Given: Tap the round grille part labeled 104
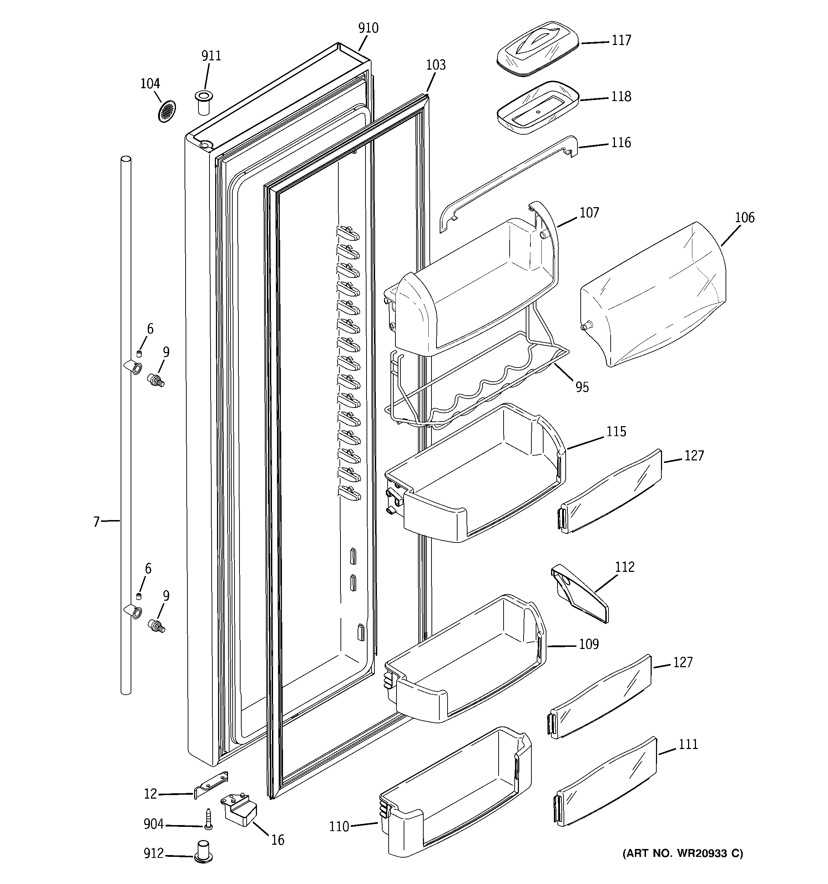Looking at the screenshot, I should [167, 111].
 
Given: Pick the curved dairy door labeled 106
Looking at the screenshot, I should [652, 296].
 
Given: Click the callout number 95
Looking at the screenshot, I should [582, 387].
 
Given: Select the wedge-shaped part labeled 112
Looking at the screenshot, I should [580, 594].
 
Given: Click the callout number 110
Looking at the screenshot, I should [339, 826].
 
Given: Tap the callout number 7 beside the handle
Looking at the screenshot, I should [96, 521].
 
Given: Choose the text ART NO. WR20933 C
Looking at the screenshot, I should [682, 853].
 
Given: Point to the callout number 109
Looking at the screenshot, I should [589, 644].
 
